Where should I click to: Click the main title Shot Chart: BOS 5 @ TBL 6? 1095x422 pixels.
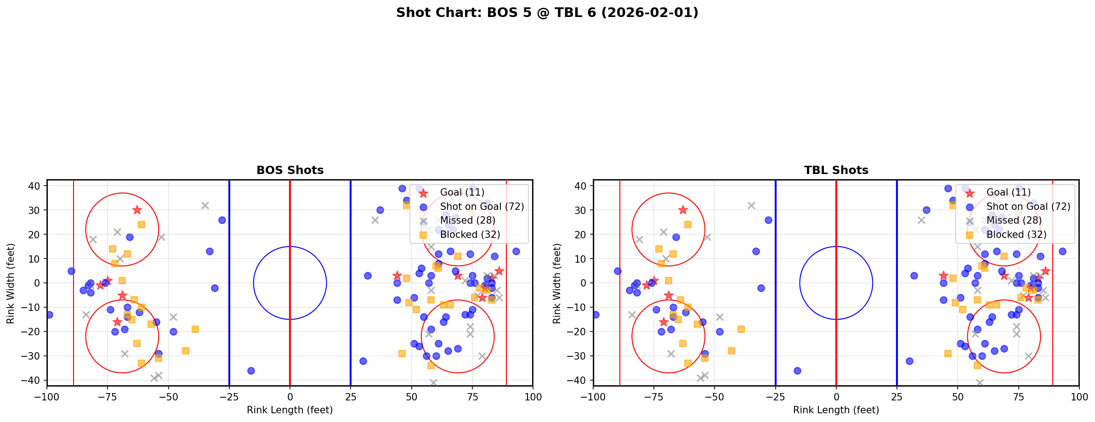(x=547, y=12)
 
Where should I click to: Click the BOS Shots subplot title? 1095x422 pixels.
(x=290, y=170)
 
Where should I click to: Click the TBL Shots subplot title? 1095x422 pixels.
(x=836, y=170)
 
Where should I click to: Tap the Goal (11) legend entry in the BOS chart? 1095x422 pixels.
(x=462, y=192)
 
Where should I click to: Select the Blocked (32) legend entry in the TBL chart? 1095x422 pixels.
(x=1016, y=235)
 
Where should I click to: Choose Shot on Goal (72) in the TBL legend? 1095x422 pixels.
(x=1028, y=207)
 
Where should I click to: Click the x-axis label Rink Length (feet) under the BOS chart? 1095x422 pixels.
(x=290, y=410)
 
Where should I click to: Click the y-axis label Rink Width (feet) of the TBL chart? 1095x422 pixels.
(x=557, y=283)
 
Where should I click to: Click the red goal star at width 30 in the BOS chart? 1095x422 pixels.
(x=137, y=210)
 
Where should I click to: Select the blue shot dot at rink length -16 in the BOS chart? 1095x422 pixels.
(x=251, y=371)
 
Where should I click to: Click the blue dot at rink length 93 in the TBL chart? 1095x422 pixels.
(x=1062, y=251)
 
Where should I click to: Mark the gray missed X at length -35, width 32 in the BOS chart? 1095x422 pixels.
(x=205, y=205)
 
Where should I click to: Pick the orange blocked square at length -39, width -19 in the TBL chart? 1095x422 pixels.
(x=741, y=329)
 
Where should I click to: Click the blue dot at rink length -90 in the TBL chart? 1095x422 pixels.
(x=618, y=271)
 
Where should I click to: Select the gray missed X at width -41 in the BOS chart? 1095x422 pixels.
(x=433, y=383)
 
